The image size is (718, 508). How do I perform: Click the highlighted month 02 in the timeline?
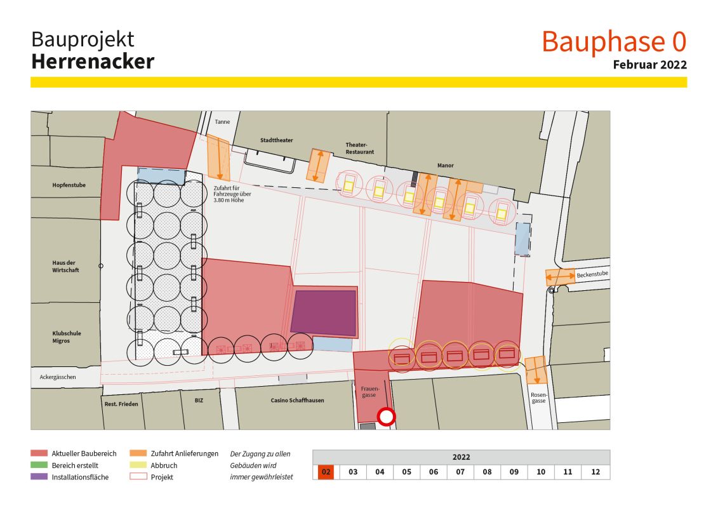point(326,472)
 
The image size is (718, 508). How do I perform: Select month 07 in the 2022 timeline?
point(461,472)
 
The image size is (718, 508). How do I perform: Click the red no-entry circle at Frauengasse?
point(386,417)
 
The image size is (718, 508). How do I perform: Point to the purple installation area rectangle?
point(324,312)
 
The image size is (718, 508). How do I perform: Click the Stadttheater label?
point(276,140)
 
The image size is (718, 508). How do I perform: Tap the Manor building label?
point(445,166)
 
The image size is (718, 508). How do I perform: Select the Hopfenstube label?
point(69,185)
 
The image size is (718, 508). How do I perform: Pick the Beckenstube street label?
point(592,275)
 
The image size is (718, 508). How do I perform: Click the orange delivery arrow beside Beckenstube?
point(560,277)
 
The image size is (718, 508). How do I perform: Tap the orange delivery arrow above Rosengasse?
point(536,370)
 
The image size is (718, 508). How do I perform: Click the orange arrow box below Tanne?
point(218,157)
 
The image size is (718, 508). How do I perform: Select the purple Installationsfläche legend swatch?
point(39,477)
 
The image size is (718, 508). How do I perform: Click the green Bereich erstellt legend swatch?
point(39,465)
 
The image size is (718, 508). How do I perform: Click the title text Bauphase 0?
point(614,41)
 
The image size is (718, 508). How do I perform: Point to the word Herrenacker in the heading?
point(93,62)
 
